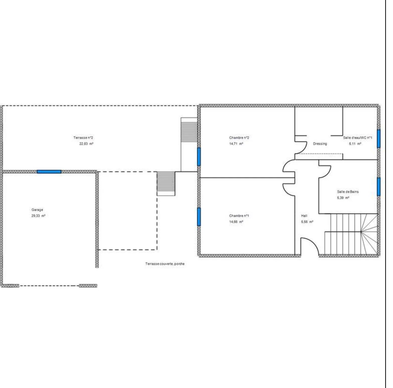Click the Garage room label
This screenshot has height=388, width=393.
click(x=37, y=210)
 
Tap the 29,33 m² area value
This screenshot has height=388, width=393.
click(x=38, y=216)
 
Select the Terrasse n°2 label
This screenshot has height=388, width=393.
click(x=83, y=138)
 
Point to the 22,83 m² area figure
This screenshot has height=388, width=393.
click(x=86, y=144)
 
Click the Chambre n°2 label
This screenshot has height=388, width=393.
click(x=239, y=138)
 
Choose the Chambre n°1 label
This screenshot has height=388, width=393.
click(x=239, y=216)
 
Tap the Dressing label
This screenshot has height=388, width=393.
click(x=320, y=144)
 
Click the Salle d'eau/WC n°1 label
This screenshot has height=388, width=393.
click(x=358, y=138)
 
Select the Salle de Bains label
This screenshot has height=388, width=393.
click(x=348, y=192)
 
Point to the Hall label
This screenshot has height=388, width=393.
click(x=304, y=216)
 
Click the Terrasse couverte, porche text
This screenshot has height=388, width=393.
click(x=165, y=264)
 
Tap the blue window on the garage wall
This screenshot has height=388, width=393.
click(x=49, y=172)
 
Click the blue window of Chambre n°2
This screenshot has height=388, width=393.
click(x=199, y=157)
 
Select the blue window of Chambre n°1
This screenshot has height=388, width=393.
click(x=199, y=217)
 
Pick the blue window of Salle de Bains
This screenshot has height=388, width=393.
click(x=378, y=187)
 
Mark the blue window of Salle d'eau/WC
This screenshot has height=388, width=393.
click(x=378, y=139)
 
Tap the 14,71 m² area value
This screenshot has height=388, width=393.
click(x=236, y=144)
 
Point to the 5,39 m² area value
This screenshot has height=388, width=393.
click(x=343, y=198)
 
